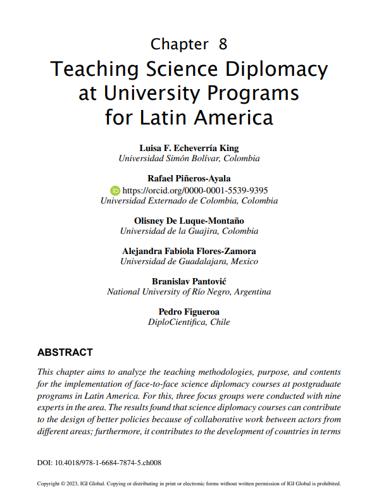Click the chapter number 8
point(223,44)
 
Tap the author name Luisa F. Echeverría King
point(189,148)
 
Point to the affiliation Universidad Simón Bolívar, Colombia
point(189,159)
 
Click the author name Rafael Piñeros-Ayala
point(189,179)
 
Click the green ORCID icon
point(115,190)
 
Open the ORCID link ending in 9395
point(194,190)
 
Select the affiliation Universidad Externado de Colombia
point(189,200)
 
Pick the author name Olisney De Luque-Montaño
point(189,221)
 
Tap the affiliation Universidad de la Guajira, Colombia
point(189,231)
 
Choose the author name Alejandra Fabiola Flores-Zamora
point(189,251)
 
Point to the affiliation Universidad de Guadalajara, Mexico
point(189,261)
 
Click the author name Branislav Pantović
point(189,281)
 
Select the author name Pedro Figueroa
point(189,312)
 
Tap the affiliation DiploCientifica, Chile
point(189,322)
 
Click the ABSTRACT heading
point(65,352)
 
